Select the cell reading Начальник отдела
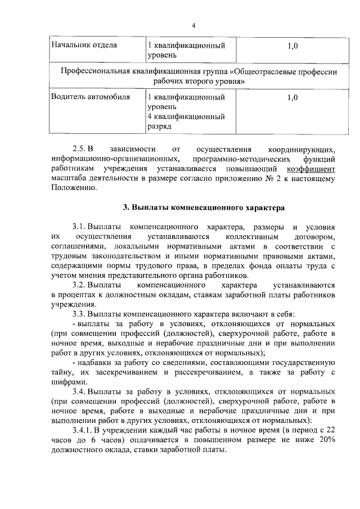click(x=84, y=46)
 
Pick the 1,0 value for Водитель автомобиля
click(x=291, y=97)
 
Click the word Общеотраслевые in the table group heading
click(x=265, y=73)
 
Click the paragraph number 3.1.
click(x=79, y=226)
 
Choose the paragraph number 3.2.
click(x=79, y=285)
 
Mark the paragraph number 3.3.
click(x=79, y=314)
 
